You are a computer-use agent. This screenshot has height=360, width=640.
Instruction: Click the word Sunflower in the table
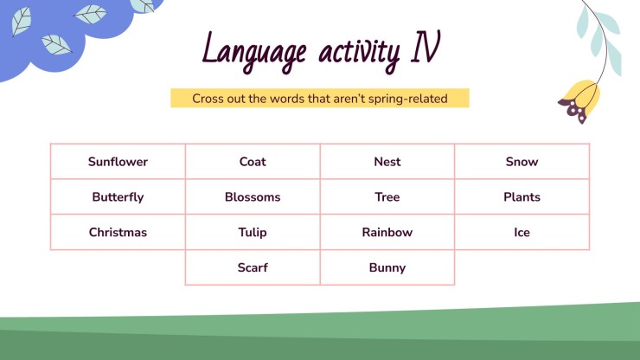118,162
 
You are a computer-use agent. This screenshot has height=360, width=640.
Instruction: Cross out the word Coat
253,162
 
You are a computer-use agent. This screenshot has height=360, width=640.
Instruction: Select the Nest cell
387,162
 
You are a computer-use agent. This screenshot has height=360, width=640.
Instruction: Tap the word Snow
522,162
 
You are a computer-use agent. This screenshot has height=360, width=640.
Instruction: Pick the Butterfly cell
118,197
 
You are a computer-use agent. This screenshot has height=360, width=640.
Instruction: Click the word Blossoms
253,197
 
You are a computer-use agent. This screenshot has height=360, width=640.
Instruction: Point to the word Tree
387,197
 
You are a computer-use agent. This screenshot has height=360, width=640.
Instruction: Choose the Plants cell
522,197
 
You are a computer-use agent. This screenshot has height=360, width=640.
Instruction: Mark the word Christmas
118,233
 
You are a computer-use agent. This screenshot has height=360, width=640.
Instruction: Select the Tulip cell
253,233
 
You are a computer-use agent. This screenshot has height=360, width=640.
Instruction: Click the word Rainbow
387,233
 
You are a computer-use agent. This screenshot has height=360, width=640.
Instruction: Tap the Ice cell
522,233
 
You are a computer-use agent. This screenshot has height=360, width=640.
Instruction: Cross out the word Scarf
253,268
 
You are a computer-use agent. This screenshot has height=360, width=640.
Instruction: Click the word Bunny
387,268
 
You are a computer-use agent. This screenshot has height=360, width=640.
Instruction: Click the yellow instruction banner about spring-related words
319,99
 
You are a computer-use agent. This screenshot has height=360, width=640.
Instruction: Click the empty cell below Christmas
118,268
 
